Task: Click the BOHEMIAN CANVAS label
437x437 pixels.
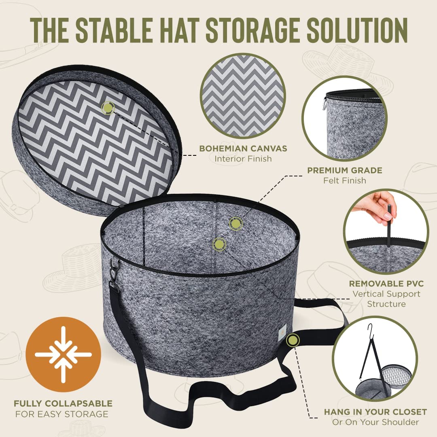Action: [x=243, y=148]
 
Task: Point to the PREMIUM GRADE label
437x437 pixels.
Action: [x=345, y=170]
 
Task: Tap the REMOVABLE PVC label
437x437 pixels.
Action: [x=386, y=284]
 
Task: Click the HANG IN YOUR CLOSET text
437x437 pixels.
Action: [x=375, y=412]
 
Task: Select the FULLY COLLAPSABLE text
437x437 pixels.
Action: [x=63, y=403]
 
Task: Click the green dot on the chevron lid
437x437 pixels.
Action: [x=108, y=108]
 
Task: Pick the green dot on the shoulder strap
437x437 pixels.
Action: [x=292, y=340]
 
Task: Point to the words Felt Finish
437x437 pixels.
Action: [x=345, y=180]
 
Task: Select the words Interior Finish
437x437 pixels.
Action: [x=243, y=159]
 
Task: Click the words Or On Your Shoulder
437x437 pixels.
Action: [x=375, y=422]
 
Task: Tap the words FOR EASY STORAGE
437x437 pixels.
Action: [x=62, y=414]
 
